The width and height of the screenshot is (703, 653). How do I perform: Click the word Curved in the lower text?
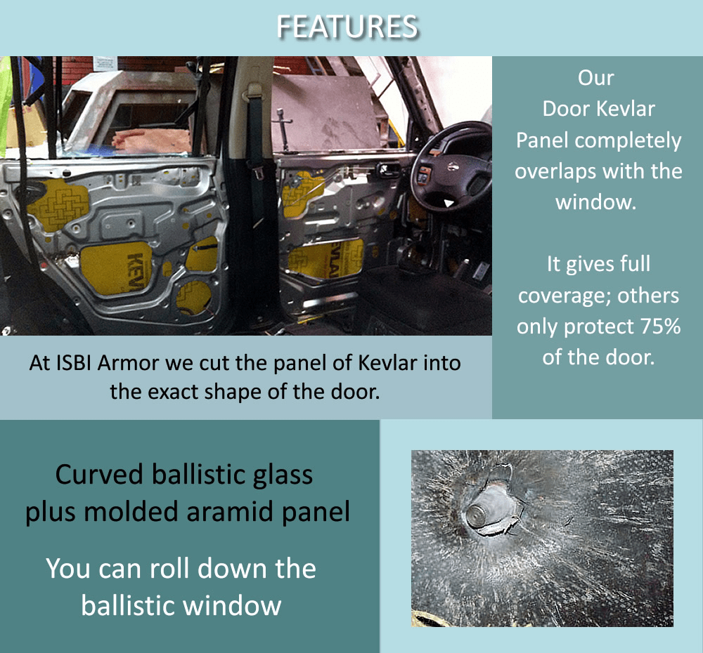[100, 475]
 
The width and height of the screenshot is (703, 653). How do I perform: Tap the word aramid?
[240, 512]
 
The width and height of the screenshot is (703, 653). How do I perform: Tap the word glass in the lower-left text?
[280, 475]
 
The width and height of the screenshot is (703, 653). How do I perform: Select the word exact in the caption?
[171, 391]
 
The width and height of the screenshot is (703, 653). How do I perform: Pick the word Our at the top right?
[596, 78]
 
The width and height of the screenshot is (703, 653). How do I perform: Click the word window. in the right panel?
[596, 202]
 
